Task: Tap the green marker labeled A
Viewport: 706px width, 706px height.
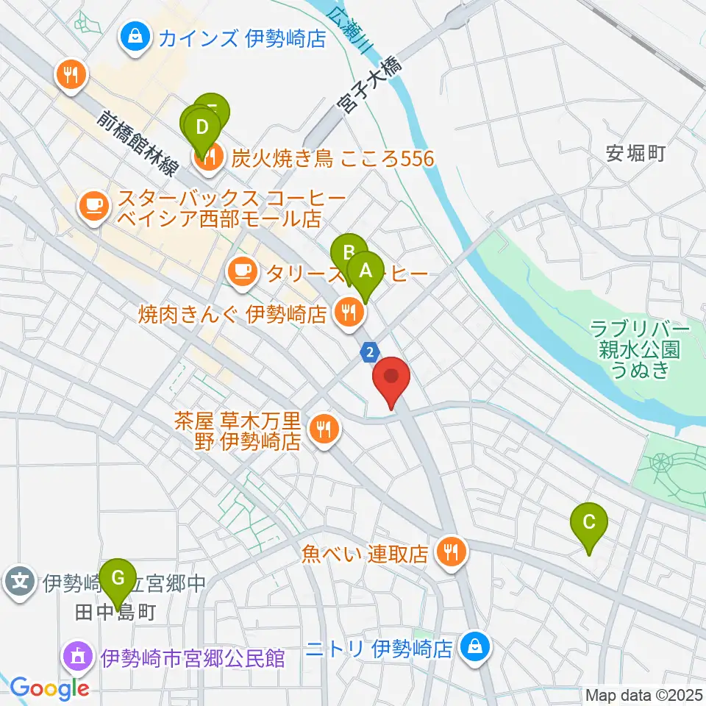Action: pyautogui.click(x=366, y=271)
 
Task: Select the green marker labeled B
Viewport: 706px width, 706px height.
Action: pyautogui.click(x=349, y=254)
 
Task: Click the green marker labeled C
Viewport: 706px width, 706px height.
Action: pyautogui.click(x=589, y=523)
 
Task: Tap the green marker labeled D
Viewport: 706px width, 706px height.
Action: pyautogui.click(x=202, y=126)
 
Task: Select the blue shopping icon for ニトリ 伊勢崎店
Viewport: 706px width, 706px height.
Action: pyautogui.click(x=475, y=646)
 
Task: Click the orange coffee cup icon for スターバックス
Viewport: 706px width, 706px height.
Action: pyautogui.click(x=93, y=204)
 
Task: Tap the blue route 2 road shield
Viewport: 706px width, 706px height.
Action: pyautogui.click(x=369, y=354)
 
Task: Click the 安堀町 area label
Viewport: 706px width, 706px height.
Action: pyautogui.click(x=636, y=153)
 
